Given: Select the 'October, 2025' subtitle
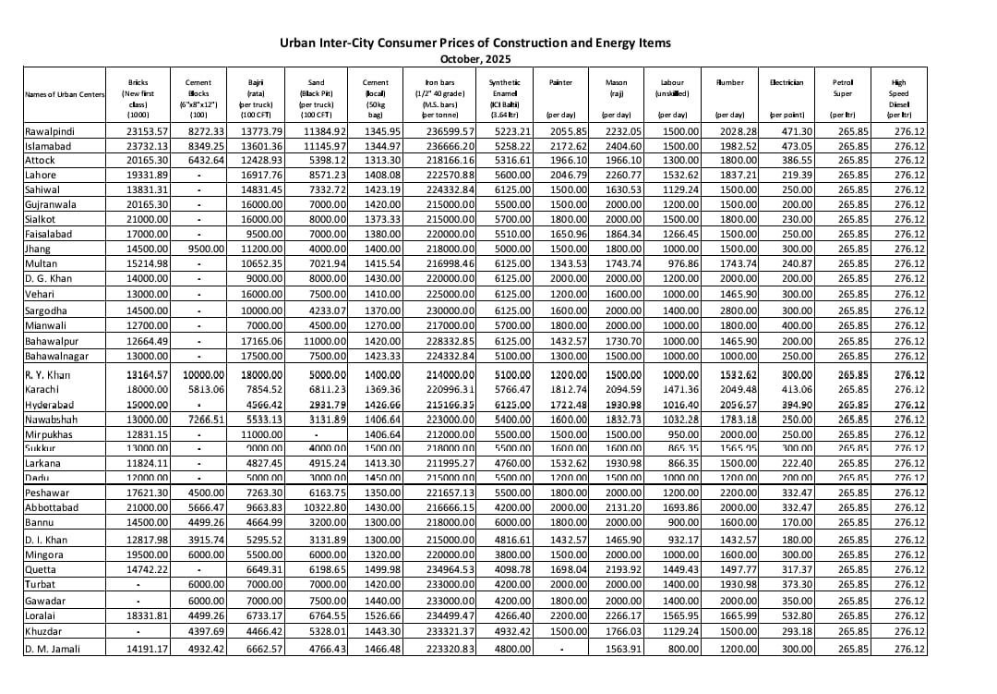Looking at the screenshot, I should tap(475, 58).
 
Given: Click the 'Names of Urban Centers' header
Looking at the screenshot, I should tap(65, 93).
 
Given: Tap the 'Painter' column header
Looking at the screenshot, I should tap(560, 82).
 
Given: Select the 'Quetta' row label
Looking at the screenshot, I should tap(41, 569).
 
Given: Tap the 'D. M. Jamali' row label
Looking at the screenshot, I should tap(53, 649).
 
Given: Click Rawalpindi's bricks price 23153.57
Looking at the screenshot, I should tap(148, 130).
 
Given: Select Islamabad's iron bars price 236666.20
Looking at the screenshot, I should tap(450, 145).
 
